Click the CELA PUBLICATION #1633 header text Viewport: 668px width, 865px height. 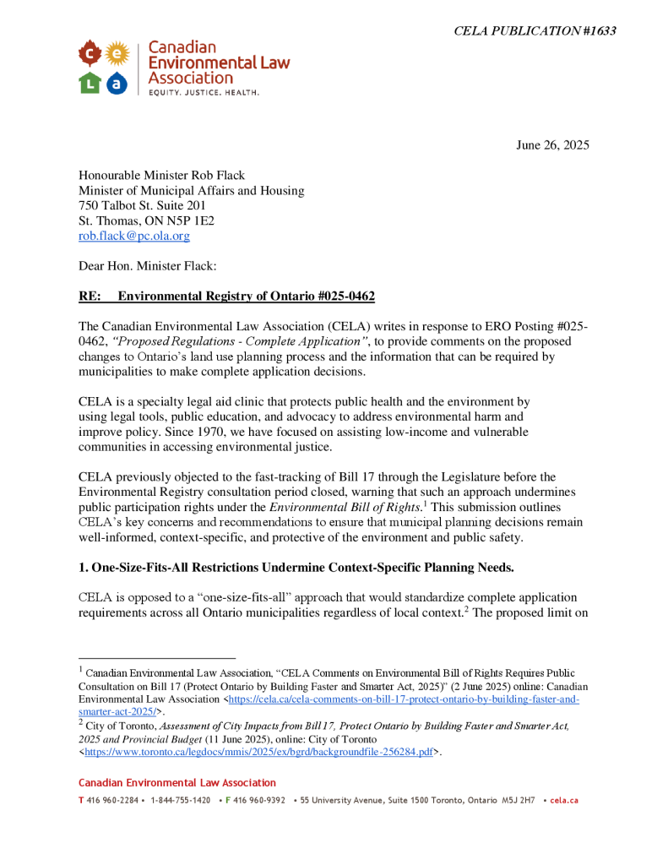(534, 31)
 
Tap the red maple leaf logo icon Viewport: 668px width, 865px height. (90, 54)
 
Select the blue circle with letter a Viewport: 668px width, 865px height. (117, 83)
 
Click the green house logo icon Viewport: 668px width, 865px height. (90, 83)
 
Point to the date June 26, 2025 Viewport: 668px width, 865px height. (552, 144)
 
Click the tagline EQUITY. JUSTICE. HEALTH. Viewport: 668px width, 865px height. (204, 91)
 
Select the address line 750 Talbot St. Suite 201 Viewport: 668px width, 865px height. (142, 205)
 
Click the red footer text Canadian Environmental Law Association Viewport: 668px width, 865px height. (177, 783)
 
